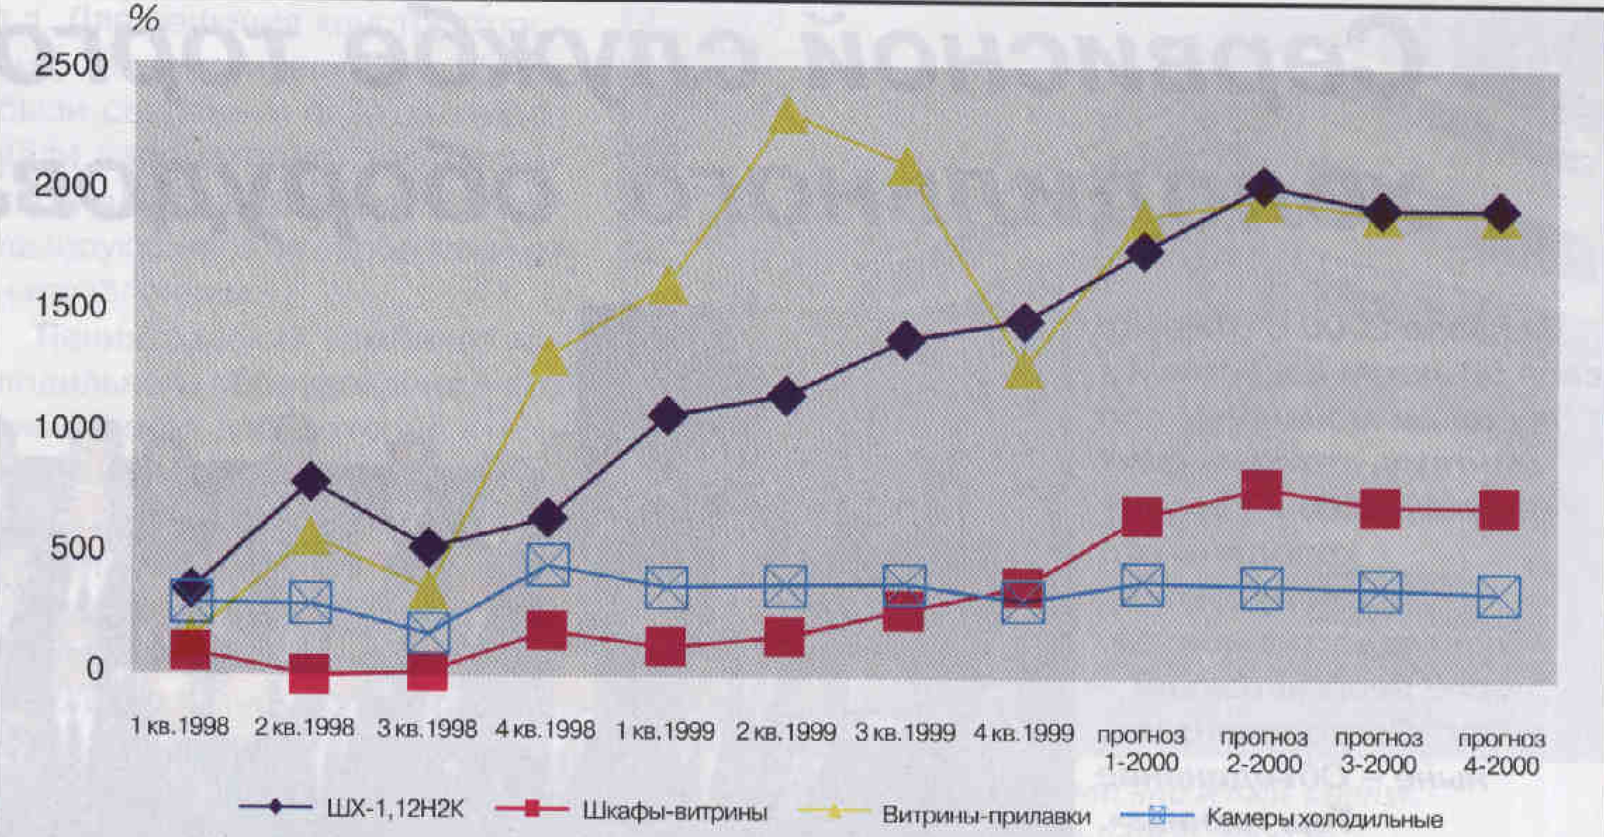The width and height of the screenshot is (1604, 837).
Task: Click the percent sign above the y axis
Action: [x=145, y=21]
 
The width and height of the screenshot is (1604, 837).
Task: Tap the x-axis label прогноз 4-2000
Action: [x=1501, y=752]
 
